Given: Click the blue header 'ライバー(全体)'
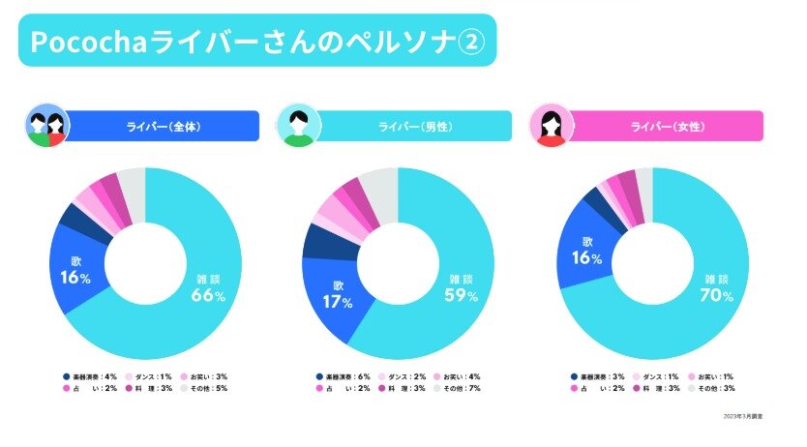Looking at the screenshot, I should point(164,126).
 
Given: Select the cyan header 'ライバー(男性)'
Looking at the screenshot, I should point(416,126).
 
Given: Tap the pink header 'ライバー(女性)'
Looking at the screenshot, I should point(668,126).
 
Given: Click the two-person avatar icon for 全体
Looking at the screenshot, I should point(47,126).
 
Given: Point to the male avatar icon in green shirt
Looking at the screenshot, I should point(299,126).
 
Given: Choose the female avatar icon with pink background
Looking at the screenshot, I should point(552,126).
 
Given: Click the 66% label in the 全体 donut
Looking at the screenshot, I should point(208,288).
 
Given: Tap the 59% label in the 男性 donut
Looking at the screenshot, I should point(461,288).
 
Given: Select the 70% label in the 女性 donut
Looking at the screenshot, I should point(713,288).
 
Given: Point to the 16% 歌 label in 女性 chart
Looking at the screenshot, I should point(586,251).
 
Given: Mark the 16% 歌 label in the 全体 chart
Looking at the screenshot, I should point(75,272).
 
